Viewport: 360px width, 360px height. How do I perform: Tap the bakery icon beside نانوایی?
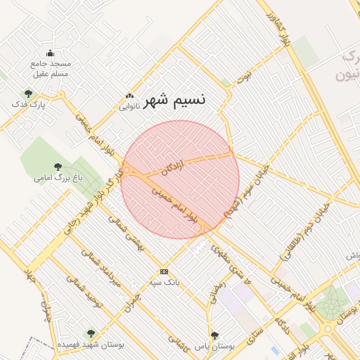click(129, 96)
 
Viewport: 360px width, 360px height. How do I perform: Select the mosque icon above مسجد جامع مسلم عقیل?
click(50, 53)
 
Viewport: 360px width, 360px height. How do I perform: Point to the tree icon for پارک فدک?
click(28, 93)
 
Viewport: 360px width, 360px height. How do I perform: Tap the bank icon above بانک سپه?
click(165, 271)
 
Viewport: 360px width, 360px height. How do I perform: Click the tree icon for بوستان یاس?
click(214, 335)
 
